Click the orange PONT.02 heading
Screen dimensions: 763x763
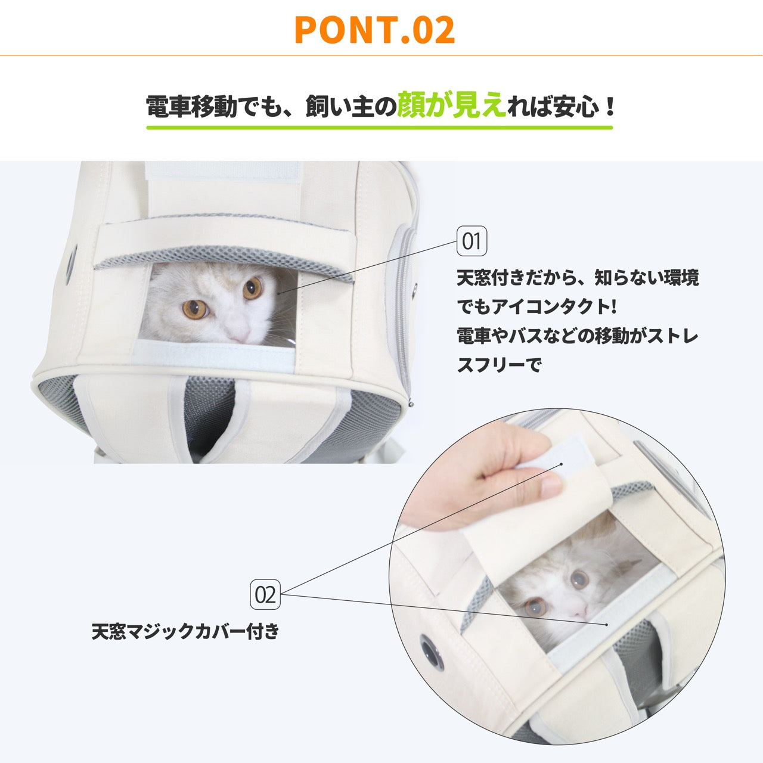[x=375, y=30]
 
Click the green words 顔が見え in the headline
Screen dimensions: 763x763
[x=451, y=105]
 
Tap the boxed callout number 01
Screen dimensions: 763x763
[x=472, y=241]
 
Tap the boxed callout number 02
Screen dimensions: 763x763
[x=265, y=594]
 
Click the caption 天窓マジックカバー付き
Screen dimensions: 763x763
[x=185, y=631]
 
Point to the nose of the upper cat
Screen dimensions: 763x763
[x=240, y=336]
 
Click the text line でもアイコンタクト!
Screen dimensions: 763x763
[x=537, y=306]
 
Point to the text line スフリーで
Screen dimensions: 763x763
[x=498, y=364]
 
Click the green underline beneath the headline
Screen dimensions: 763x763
[x=379, y=128]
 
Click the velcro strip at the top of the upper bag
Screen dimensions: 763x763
[x=223, y=172]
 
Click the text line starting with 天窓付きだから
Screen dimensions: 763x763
[x=578, y=278]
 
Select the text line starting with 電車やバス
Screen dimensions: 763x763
[x=577, y=336]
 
